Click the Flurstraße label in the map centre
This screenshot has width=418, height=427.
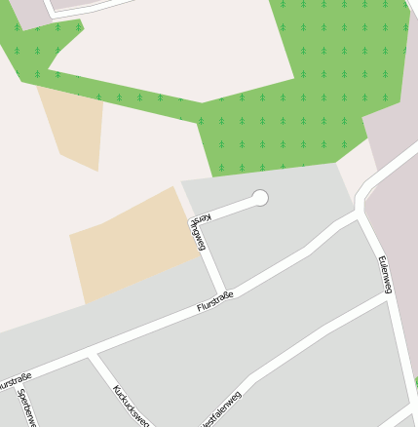pyautogui.click(x=213, y=300)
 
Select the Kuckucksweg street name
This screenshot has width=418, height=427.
pyautogui.click(x=130, y=405)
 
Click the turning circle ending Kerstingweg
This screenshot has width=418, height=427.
pyautogui.click(x=259, y=198)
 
